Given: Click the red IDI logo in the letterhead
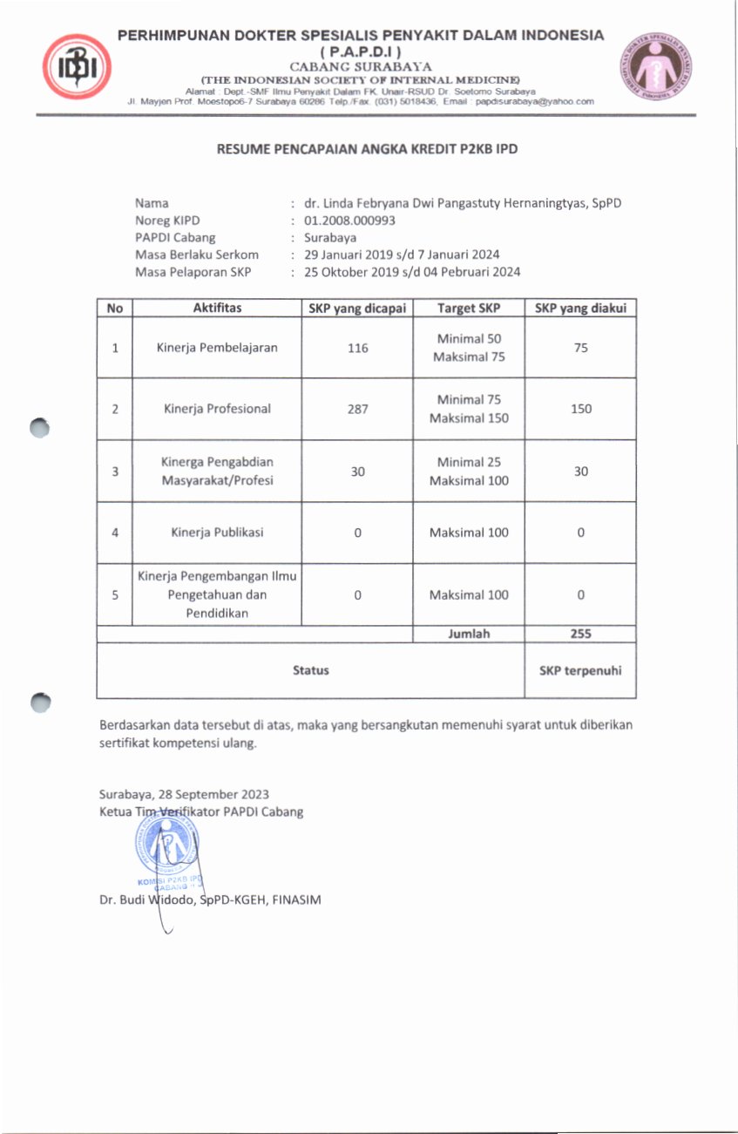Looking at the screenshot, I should [77, 67].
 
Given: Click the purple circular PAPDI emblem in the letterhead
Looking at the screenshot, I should [656, 67].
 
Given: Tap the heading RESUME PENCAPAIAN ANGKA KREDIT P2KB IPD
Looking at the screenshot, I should [367, 149].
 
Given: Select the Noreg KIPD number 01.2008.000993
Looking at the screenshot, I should [349, 221].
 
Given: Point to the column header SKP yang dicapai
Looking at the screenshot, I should [357, 308].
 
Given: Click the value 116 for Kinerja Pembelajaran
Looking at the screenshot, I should [357, 348].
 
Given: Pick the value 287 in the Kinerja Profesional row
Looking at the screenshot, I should [357, 409].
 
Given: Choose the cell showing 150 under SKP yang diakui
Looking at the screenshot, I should [580, 409].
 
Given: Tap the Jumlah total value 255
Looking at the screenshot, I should [580, 634].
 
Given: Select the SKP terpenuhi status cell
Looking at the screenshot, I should [580, 670].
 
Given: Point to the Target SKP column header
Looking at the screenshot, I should [469, 308].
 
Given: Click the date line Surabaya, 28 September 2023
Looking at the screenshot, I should [184, 794].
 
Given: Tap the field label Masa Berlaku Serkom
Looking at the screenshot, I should [197, 255].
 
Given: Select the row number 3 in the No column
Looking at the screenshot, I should [115, 472].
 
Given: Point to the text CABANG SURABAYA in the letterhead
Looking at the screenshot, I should [361, 66].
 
